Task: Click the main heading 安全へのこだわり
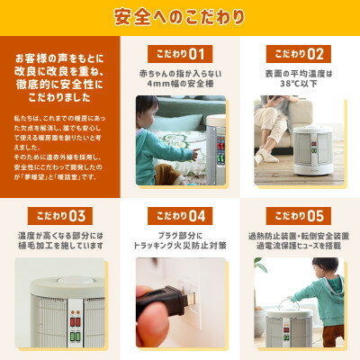[180, 16]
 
